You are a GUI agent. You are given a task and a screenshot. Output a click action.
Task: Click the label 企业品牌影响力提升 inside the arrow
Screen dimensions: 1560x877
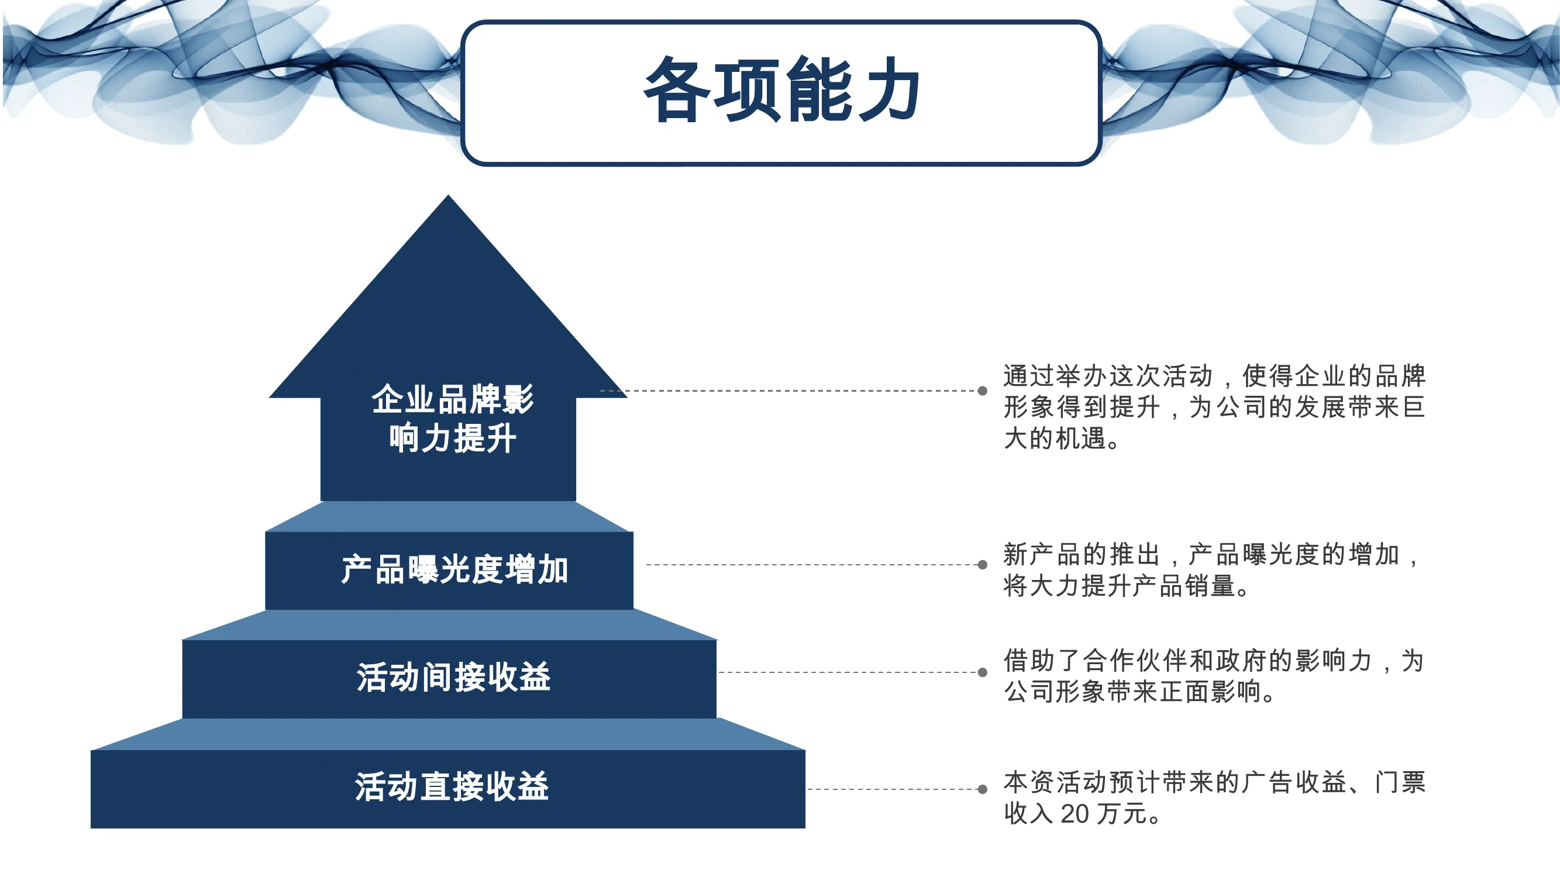pos(452,418)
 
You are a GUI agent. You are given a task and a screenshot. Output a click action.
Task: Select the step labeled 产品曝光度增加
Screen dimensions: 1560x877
pos(454,569)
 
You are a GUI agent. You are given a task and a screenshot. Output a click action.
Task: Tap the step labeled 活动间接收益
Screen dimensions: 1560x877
pos(453,676)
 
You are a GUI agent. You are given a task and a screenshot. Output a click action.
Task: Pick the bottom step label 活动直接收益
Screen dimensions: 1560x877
pos(452,787)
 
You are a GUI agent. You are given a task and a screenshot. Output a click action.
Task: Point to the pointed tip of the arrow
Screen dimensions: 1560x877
pos(448,195)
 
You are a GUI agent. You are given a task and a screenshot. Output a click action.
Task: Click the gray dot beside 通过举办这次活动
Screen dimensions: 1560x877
pos(982,391)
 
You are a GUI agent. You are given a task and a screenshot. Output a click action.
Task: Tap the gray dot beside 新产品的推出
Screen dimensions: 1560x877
pos(982,565)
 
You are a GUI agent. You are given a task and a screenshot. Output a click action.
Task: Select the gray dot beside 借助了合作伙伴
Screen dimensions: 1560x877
pos(982,672)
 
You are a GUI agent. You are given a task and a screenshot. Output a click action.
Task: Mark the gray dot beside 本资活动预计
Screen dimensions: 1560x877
pos(982,789)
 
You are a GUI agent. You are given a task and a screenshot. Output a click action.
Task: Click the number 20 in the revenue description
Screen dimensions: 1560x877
pos(1075,814)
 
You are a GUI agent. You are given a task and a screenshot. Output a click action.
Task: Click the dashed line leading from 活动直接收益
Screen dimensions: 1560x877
pos(893,789)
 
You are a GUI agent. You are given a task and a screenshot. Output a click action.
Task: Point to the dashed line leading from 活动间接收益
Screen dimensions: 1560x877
pos(848,672)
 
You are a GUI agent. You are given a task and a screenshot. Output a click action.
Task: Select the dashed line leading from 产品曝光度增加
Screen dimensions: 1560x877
pos(812,565)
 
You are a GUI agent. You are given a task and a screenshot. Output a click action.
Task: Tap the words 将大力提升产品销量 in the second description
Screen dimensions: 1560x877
pos(1119,586)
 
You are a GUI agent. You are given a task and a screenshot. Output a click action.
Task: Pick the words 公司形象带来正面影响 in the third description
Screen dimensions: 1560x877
pos(1132,692)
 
